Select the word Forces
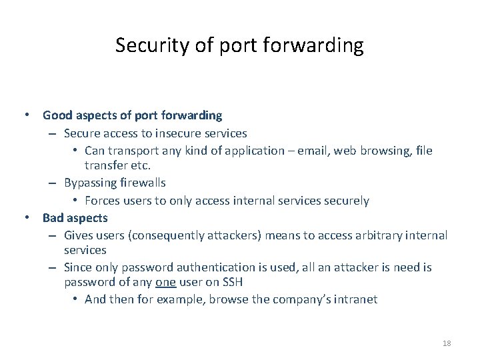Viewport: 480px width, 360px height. (103, 201)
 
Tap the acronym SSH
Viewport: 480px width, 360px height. (229, 282)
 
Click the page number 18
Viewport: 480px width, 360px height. (447, 343)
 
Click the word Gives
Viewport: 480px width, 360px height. (79, 235)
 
